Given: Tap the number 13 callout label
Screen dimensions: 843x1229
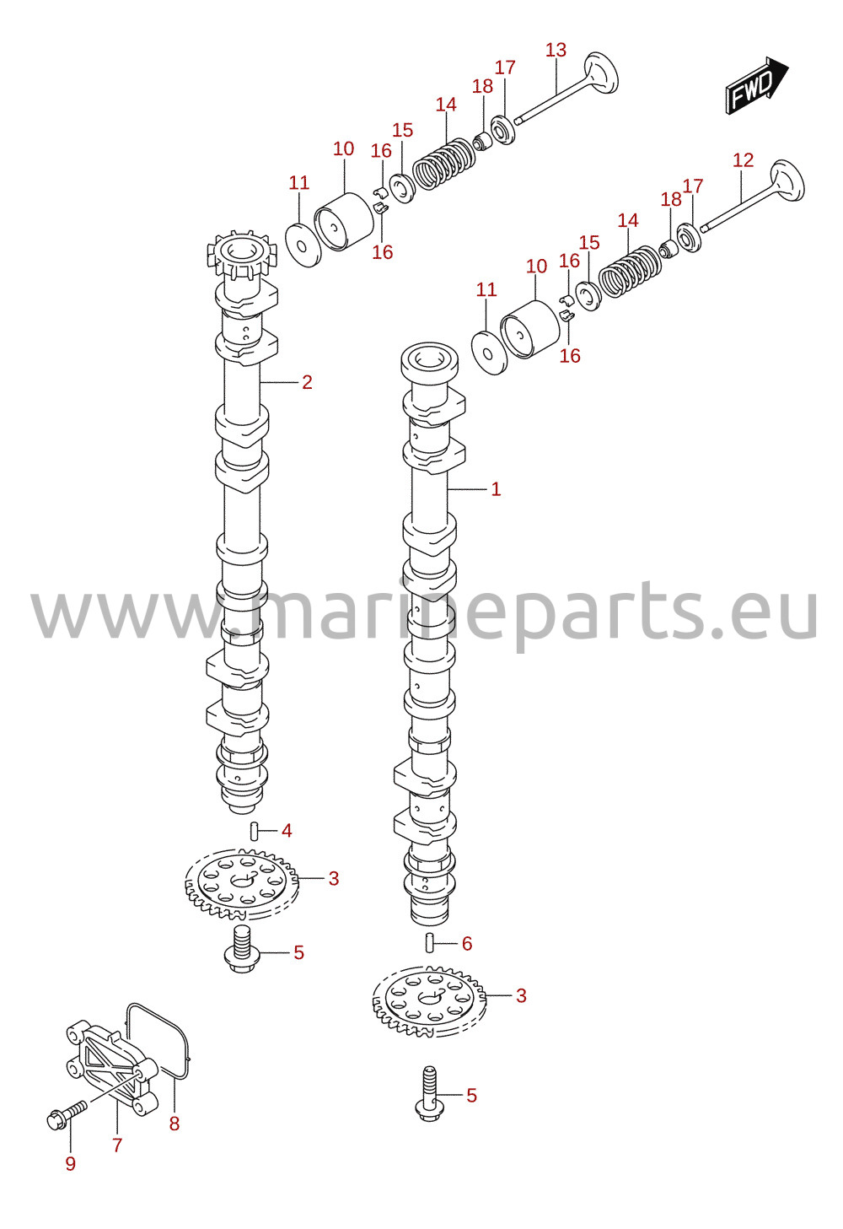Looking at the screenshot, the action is click(556, 50).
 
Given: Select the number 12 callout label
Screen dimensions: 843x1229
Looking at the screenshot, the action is click(744, 160).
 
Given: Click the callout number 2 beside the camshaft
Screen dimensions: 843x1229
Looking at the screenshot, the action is click(307, 382).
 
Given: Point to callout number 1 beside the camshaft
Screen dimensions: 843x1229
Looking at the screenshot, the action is click(496, 489).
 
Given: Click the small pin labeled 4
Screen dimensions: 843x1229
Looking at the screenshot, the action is click(254, 831).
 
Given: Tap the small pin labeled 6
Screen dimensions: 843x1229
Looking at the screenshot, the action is click(430, 943).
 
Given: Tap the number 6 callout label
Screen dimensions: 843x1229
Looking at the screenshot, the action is click(467, 944).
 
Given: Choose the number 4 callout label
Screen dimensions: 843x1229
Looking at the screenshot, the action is click(287, 831).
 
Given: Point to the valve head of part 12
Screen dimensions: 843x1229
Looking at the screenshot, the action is click(787, 181).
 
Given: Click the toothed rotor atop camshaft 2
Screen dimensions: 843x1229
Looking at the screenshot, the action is click(242, 254).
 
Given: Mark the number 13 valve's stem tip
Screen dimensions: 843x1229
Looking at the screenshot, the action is click(517, 120).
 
